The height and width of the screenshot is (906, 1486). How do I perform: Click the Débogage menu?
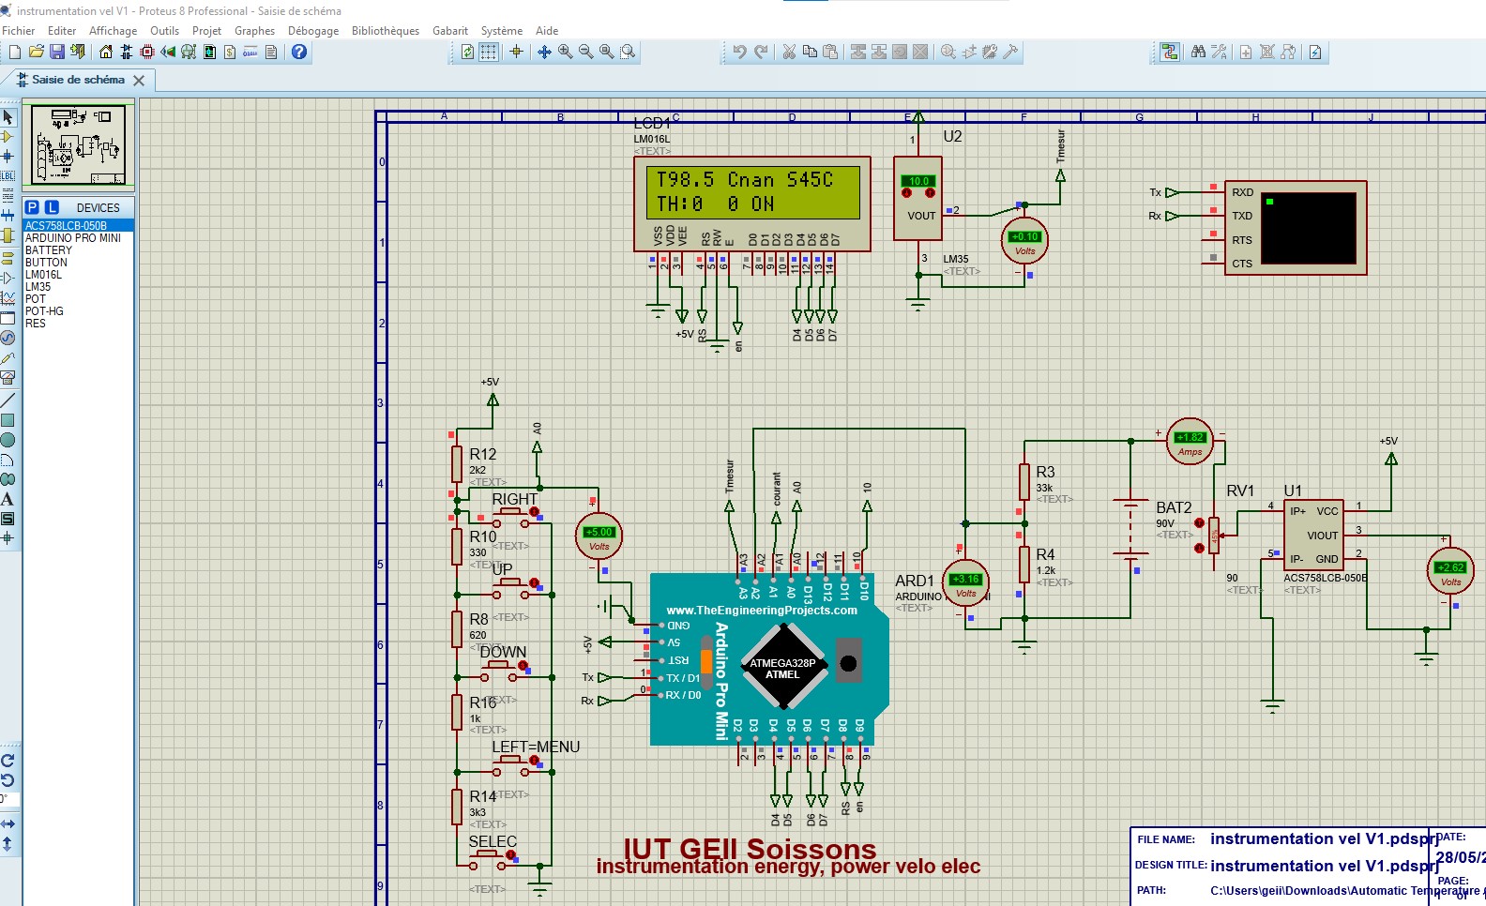tap(312, 31)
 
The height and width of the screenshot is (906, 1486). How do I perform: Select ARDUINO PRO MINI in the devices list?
tap(73, 238)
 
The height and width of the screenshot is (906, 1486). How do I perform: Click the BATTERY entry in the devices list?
tap(49, 250)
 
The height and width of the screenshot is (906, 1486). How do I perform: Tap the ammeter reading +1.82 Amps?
tap(1190, 441)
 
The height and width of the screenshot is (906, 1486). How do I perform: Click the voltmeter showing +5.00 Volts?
tap(599, 536)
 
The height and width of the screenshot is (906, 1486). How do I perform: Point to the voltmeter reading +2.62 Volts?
tap(1450, 571)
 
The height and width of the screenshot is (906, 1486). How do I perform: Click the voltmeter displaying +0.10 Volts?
tap(1024, 241)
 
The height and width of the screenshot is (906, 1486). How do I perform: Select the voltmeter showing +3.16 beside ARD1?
tap(965, 583)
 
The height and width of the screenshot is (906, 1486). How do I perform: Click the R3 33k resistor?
tap(1024, 482)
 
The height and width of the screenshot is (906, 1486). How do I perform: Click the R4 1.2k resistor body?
tap(1024, 565)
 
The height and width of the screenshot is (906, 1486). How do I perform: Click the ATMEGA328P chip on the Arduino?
tap(782, 668)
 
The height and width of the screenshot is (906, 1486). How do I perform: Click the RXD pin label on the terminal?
tap(1242, 192)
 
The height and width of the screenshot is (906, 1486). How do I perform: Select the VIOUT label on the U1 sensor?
tap(1323, 536)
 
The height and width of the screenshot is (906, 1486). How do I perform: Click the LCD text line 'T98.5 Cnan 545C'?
tap(745, 180)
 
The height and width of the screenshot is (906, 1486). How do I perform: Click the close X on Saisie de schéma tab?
tap(139, 81)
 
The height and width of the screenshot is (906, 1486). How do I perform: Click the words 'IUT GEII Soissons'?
tap(750, 849)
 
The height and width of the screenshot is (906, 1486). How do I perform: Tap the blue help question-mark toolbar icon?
tap(299, 53)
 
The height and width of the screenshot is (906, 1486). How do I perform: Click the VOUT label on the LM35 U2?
tap(921, 216)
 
